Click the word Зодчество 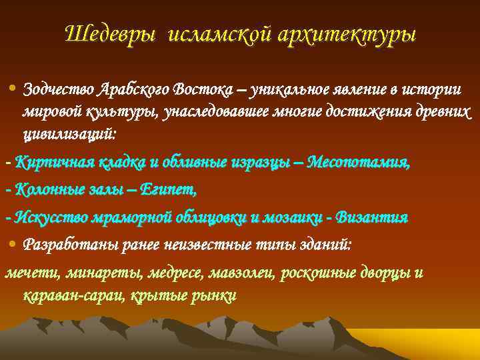tap(58, 89)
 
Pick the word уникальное tap(283, 89)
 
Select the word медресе tap(175, 273)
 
